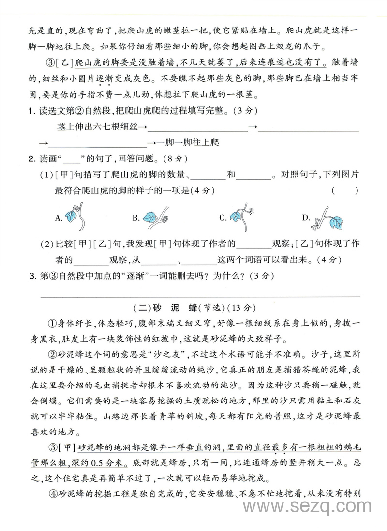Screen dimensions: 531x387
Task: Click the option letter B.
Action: click(135, 218)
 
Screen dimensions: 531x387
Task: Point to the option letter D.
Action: click(306, 218)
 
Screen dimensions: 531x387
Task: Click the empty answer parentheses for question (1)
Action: click(345, 190)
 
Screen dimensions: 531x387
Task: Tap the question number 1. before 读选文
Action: click(31, 111)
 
